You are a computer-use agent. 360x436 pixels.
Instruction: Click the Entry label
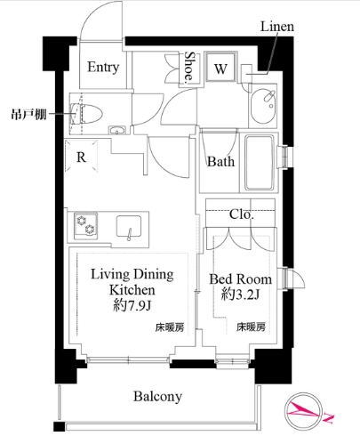pos(103,67)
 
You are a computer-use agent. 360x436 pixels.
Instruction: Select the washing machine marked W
pos(221,67)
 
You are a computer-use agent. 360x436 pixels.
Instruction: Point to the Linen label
pos(277,27)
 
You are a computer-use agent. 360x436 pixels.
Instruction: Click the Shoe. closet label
pos(189,68)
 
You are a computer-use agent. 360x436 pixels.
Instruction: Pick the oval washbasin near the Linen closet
pos(263,106)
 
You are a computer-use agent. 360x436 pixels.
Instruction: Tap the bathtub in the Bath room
pos(260,163)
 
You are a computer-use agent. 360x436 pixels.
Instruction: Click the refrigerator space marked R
pos(81,156)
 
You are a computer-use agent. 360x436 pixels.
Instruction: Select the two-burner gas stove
pos(85,224)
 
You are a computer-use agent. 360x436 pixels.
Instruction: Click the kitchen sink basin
pos(129,226)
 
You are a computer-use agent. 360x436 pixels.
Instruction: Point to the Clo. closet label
pos(242,214)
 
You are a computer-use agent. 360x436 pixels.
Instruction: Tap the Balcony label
pos(157,397)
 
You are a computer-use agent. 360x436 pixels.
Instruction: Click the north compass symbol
pos(304,411)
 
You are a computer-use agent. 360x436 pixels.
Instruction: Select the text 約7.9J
pos(132,305)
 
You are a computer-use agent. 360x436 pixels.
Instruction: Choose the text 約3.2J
pos(240,295)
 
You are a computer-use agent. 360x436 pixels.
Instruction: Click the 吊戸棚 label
pos(28,114)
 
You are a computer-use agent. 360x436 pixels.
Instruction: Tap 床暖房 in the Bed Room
pos(251,327)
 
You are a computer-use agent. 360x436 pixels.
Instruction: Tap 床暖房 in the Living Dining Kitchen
pos(170,327)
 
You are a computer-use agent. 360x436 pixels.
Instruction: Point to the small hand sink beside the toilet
pos(117,130)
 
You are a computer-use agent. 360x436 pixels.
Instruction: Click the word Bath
pos(220,162)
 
